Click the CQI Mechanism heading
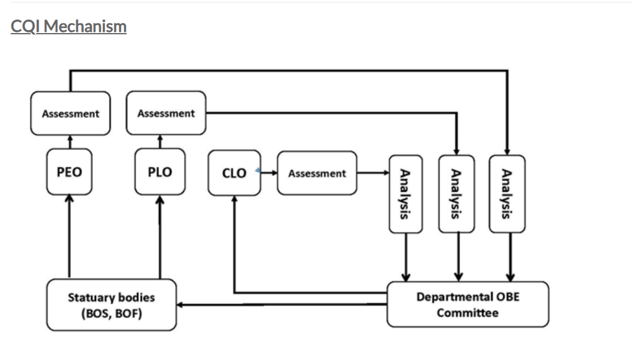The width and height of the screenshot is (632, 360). (69, 27)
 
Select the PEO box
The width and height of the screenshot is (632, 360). (69, 172)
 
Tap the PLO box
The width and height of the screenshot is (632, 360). (160, 172)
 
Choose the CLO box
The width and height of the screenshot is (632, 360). (234, 173)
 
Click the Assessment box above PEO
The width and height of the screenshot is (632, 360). (70, 113)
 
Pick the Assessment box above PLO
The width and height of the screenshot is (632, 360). (166, 113)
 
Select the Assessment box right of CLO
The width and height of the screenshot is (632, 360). (317, 173)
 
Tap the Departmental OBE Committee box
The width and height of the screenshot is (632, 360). (467, 304)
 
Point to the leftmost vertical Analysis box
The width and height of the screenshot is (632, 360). (405, 194)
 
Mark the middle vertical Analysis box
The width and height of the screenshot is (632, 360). (456, 194)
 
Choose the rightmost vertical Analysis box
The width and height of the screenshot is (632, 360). (507, 194)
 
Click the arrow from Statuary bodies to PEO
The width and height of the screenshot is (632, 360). (69, 236)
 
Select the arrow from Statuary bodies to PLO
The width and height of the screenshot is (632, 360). (160, 236)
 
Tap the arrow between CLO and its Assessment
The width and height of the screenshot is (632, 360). (268, 173)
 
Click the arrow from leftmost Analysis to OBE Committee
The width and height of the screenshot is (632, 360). (405, 257)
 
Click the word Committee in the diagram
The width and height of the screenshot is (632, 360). (467, 313)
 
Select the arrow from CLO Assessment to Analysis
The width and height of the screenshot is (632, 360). (373, 173)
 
